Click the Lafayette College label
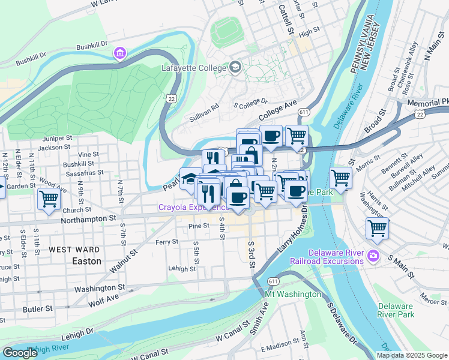[x=194, y=68]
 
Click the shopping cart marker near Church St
[x=49, y=200]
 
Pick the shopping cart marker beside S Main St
[x=377, y=228]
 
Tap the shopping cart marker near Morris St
[x=340, y=178]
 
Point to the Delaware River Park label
[x=396, y=310]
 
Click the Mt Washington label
[x=292, y=295]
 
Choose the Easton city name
[x=86, y=262]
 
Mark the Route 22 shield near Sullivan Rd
[x=172, y=98]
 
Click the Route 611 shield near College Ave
[x=304, y=112]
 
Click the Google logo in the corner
[x=20, y=353]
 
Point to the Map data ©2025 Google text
[x=412, y=355]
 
